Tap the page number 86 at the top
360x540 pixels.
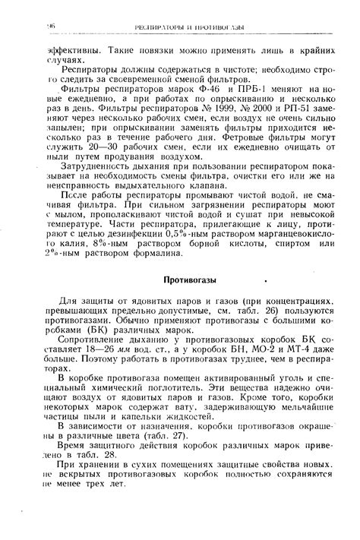pyautogui.click(x=54, y=26)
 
